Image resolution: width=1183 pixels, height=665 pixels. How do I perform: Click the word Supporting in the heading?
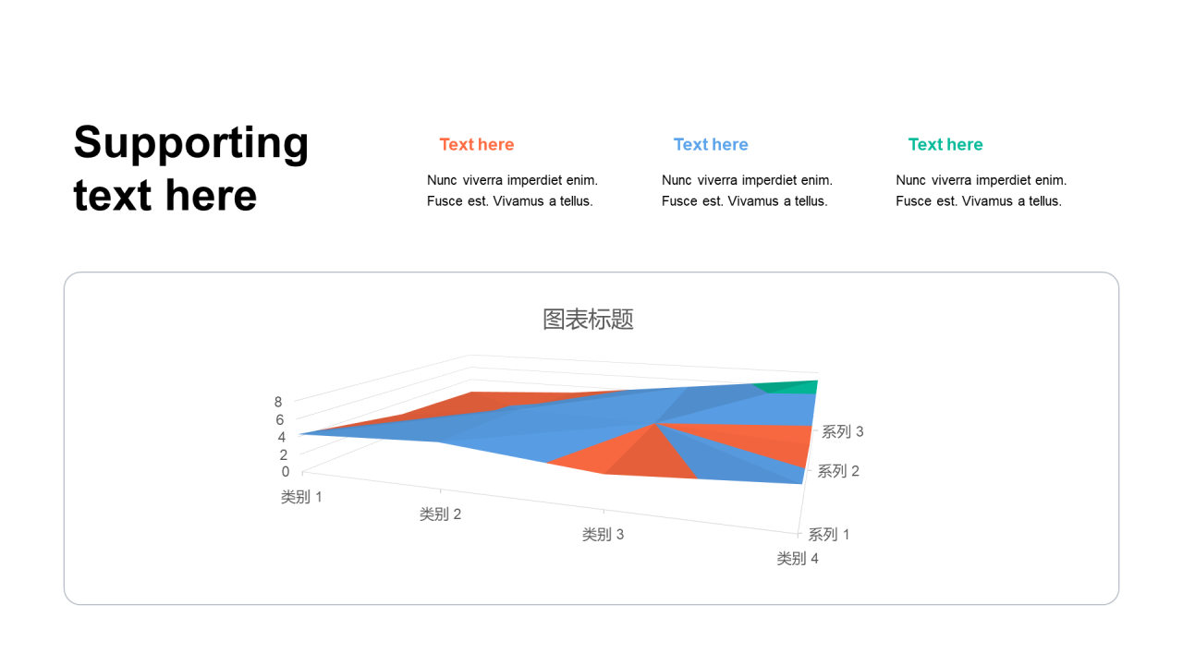click(x=190, y=143)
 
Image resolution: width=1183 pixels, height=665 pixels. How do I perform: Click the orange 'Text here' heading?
click(x=476, y=144)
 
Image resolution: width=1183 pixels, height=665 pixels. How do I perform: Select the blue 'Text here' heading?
click(x=711, y=144)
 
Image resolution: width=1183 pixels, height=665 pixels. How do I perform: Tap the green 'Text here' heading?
click(x=945, y=144)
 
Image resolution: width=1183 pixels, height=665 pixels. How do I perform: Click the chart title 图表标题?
click(x=588, y=320)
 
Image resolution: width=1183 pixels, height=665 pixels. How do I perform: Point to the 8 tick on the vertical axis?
click(x=278, y=402)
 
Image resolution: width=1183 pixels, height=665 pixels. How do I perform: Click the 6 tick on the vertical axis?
click(x=279, y=419)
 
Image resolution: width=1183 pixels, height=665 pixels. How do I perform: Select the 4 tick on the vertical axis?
click(x=282, y=437)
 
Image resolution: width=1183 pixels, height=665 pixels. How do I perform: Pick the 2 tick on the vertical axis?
click(x=284, y=454)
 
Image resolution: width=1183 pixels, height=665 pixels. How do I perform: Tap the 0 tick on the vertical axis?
click(x=286, y=472)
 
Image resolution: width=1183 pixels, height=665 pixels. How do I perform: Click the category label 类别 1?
click(x=301, y=497)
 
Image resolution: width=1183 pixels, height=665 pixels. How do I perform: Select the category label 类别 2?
click(x=441, y=514)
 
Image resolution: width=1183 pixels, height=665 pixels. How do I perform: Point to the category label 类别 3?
click(x=603, y=535)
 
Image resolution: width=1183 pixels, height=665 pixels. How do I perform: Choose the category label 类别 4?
click(x=798, y=559)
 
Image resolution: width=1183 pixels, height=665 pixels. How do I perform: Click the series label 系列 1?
click(x=829, y=535)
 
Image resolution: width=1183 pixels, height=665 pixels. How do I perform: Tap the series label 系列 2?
click(x=838, y=471)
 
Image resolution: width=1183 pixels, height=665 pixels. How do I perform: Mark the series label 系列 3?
click(x=842, y=431)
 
